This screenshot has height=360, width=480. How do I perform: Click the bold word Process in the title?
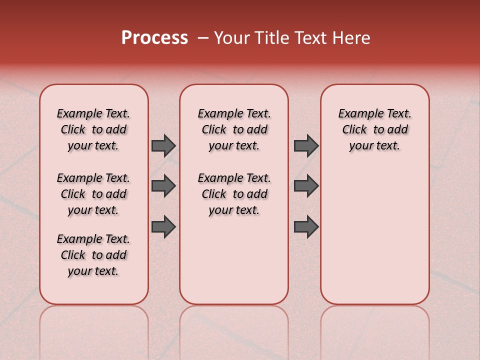pos(154,38)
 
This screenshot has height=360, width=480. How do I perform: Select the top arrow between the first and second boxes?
pos(163,145)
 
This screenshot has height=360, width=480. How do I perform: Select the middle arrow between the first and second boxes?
pos(163,186)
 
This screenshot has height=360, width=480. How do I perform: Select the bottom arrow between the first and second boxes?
pos(163,227)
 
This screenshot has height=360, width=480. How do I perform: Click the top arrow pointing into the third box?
pos(306,145)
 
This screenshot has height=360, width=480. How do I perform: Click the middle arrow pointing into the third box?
pos(306,186)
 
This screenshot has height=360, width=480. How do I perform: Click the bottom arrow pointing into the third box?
pos(306,227)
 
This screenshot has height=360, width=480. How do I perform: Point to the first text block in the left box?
pos(93,129)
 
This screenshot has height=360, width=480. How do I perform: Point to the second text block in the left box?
pos(93,194)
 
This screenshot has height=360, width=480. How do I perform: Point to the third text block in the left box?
pos(93,255)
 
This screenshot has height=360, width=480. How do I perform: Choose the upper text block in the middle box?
pos(234,129)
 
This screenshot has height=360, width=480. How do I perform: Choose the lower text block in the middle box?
pos(234,194)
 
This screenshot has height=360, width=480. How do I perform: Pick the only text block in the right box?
pos(375,129)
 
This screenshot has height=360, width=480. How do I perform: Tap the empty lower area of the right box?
pos(375,235)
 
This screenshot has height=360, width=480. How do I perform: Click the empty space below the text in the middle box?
pos(234,260)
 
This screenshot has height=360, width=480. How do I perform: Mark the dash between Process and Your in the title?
pos(202,38)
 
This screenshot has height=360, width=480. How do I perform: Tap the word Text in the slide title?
pos(311,38)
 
